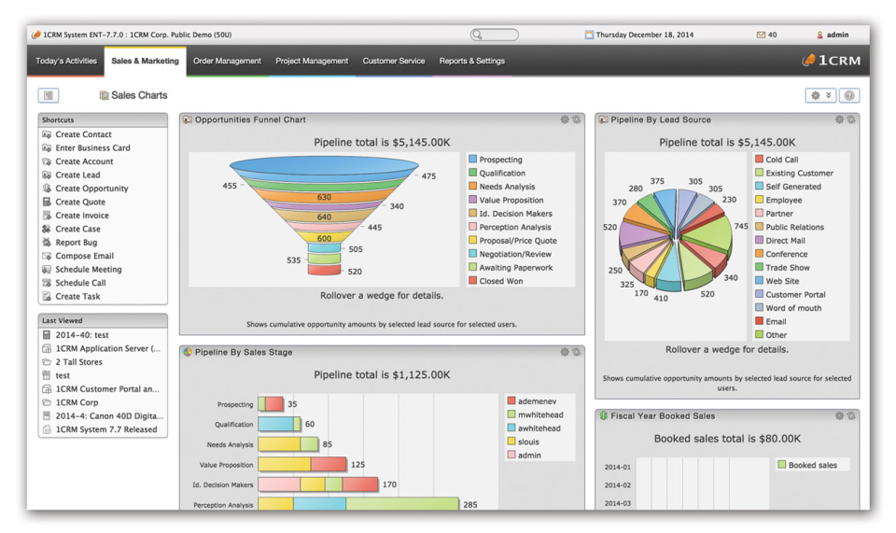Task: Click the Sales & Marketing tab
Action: point(145,62)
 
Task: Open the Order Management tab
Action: point(227,62)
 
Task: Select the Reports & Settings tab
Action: point(471,62)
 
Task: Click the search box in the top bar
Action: point(495,35)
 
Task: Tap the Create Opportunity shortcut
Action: point(91,189)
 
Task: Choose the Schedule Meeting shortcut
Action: point(88,270)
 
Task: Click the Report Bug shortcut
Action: point(76,243)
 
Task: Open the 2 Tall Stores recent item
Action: point(78,362)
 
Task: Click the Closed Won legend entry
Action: point(500,281)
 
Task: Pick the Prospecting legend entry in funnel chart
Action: point(500,160)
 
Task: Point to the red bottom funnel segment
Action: point(324,271)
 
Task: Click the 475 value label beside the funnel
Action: point(428,176)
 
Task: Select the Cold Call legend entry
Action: point(781,160)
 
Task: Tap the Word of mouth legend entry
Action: point(793,308)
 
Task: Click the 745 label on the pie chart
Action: point(741,227)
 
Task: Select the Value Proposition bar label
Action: point(226,465)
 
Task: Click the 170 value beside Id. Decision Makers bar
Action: point(389,484)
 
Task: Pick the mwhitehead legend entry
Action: point(539,415)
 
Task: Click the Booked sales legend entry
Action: point(812,465)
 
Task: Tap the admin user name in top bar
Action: point(837,35)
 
